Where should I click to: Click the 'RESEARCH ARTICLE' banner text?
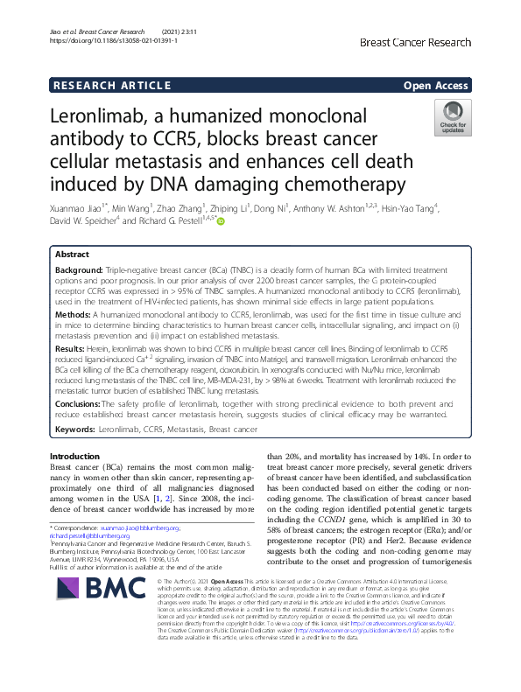click(111, 86)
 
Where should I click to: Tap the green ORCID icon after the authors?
click(222, 223)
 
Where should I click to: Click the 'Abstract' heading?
click(72, 254)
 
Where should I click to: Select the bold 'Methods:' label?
click(73, 313)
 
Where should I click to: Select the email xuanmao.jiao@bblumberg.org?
click(139, 528)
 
